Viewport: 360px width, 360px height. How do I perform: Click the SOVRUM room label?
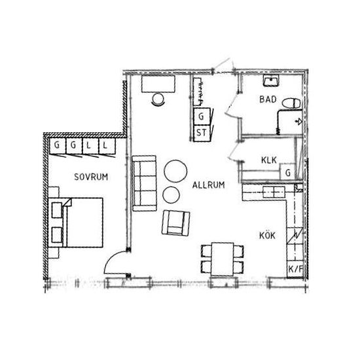(x=91, y=177)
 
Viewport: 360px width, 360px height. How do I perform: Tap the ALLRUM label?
(x=208, y=185)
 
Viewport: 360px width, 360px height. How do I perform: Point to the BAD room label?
(x=268, y=99)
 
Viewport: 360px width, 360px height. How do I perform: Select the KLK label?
(x=269, y=160)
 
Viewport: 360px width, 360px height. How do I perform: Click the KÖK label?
(x=267, y=236)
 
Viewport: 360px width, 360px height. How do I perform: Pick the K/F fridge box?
(x=295, y=269)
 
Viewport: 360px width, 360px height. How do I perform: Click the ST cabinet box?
(x=202, y=133)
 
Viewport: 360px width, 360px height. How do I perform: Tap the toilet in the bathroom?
(x=291, y=103)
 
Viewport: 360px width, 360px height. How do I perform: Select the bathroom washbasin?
(x=271, y=81)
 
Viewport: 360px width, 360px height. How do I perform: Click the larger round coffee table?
(x=175, y=171)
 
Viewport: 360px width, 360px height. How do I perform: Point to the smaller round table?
(x=171, y=194)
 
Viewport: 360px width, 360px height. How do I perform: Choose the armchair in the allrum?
(x=176, y=223)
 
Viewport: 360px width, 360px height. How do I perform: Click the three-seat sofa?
(x=145, y=183)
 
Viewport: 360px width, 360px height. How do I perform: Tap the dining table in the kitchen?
(x=223, y=259)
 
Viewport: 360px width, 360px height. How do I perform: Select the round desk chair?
(x=158, y=99)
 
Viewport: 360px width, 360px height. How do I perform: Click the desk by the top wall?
(x=158, y=84)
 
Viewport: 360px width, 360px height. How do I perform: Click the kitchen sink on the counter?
(x=274, y=192)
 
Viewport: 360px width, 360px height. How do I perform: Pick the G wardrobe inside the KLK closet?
(x=287, y=172)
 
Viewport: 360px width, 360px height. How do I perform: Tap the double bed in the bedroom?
(x=76, y=223)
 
